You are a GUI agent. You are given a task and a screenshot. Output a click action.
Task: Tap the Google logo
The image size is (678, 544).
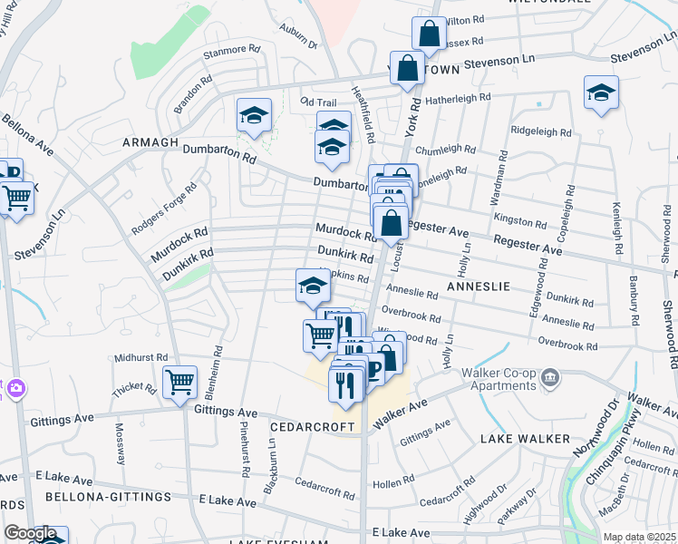[x=30, y=533]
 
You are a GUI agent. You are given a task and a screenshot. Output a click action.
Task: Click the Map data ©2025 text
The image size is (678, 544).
[x=639, y=537]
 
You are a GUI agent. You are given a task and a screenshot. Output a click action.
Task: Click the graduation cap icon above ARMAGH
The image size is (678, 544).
[x=255, y=116]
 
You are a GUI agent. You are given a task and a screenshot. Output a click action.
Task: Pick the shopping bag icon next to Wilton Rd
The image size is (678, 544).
[x=429, y=34]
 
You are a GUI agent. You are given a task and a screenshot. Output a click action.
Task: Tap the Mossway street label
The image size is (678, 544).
[x=120, y=441]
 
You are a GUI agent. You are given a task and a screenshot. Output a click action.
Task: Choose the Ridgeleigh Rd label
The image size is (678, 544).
[x=541, y=131]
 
